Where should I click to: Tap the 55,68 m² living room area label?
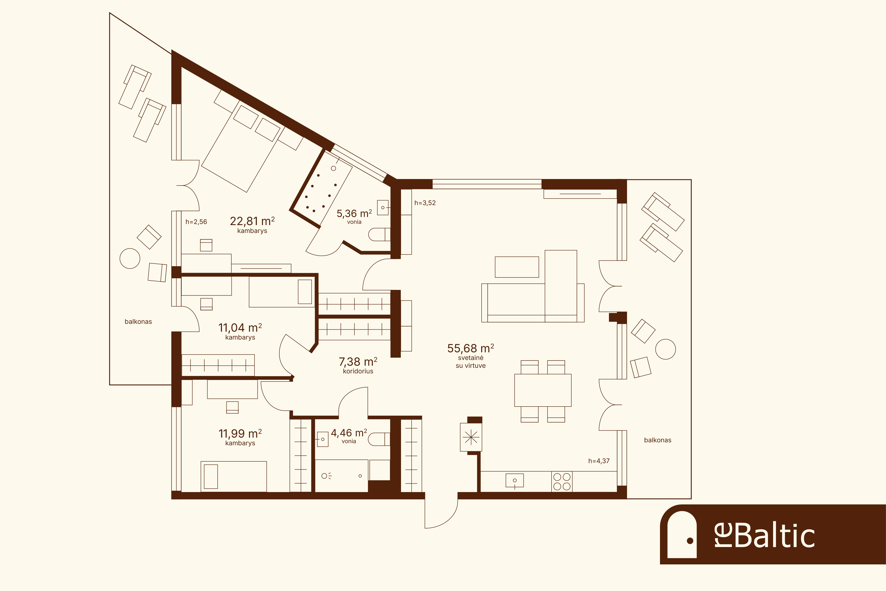[x=471, y=348]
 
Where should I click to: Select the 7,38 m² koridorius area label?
[x=358, y=362]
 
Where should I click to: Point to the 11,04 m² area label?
[x=240, y=328]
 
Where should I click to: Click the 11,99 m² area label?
[x=240, y=433]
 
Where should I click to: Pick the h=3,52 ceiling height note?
[x=425, y=203]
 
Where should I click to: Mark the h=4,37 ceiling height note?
[x=599, y=461]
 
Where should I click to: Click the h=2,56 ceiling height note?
[x=196, y=222]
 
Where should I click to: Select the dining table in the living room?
[x=543, y=390]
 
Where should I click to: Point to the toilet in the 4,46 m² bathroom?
[x=379, y=439]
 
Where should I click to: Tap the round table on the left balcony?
[x=130, y=258]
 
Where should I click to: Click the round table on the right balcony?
[x=666, y=349]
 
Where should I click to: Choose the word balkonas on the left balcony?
[x=138, y=321]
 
